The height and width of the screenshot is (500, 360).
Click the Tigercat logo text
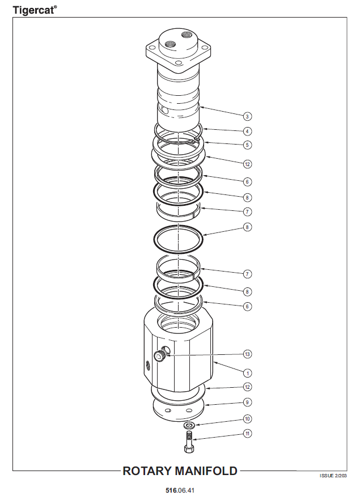coord(35,10)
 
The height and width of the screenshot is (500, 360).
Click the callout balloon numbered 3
coord(247,116)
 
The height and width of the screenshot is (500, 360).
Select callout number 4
coord(247,131)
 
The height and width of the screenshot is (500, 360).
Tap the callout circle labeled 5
coord(247,145)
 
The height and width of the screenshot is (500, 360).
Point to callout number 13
coord(247,354)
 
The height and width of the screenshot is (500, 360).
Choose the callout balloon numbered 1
coord(247,373)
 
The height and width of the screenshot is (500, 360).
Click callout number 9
coord(247,402)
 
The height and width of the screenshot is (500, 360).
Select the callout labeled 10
coord(247,419)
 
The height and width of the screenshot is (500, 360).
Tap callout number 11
coord(247,433)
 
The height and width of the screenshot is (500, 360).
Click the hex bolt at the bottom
coord(189,442)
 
